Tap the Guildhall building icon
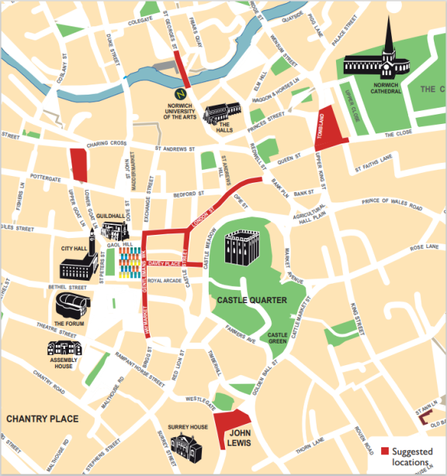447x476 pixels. [x=113, y=229]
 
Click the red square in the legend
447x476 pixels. [x=385, y=452]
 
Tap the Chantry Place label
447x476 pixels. [x=43, y=419]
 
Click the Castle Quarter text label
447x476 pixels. [x=252, y=300]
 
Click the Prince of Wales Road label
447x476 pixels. [x=391, y=206]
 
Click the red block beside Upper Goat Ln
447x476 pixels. [x=79, y=164]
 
